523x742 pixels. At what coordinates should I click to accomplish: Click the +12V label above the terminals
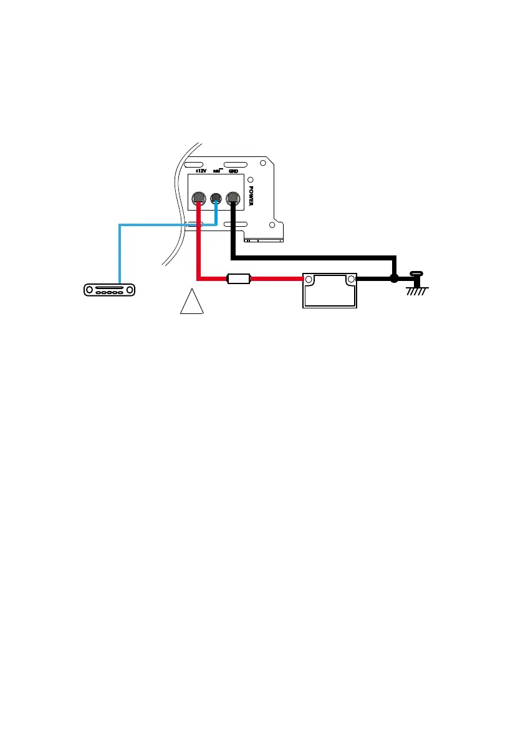[200, 170]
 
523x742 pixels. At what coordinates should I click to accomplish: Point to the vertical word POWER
[251, 194]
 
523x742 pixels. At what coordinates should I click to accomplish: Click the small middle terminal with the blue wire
[216, 199]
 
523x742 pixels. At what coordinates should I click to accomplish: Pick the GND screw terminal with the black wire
[233, 199]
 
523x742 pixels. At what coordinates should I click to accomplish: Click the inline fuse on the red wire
[239, 279]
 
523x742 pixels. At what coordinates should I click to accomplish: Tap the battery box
[330, 290]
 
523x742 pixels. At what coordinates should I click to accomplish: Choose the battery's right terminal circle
[351, 279]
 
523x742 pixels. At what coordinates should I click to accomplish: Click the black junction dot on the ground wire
[394, 278]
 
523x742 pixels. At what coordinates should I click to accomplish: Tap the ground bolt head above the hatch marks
[416, 273]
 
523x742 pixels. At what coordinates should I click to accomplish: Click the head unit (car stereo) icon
[109, 290]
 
